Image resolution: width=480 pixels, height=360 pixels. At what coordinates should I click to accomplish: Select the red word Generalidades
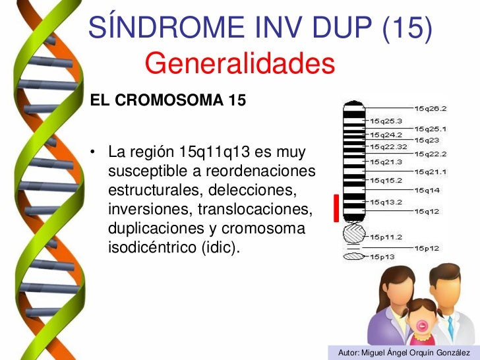(240, 64)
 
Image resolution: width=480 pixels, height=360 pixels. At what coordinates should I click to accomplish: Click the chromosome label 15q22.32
(388, 146)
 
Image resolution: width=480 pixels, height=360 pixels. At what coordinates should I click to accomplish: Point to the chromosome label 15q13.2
(386, 202)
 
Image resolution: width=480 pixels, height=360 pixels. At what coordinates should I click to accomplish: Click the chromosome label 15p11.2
(386, 236)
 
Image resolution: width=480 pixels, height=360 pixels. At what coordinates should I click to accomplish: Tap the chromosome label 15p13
(382, 256)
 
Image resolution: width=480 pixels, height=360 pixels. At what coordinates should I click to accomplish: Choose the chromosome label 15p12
(427, 248)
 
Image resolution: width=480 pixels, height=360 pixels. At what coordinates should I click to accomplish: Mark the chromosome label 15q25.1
(431, 129)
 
